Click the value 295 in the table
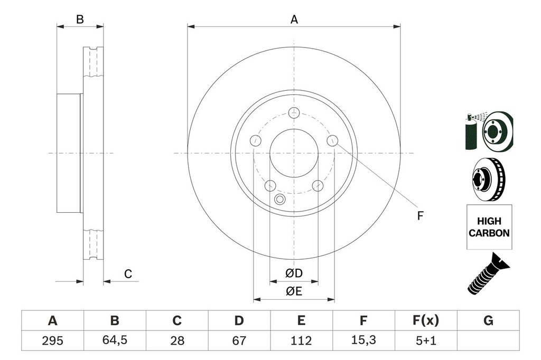(52, 340)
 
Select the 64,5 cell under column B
(115, 340)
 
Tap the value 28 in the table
(177, 340)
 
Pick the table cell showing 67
(239, 340)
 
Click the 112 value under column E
(301, 340)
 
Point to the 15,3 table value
(363, 340)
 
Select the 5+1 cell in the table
(425, 340)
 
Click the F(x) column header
(425, 320)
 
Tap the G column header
(488, 320)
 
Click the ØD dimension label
(294, 273)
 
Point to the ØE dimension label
(294, 291)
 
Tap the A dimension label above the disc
(294, 20)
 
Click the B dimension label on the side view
(80, 20)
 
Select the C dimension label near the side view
(128, 273)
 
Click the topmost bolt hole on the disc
(294, 112)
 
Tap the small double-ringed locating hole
(280, 199)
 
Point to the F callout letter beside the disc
(421, 215)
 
